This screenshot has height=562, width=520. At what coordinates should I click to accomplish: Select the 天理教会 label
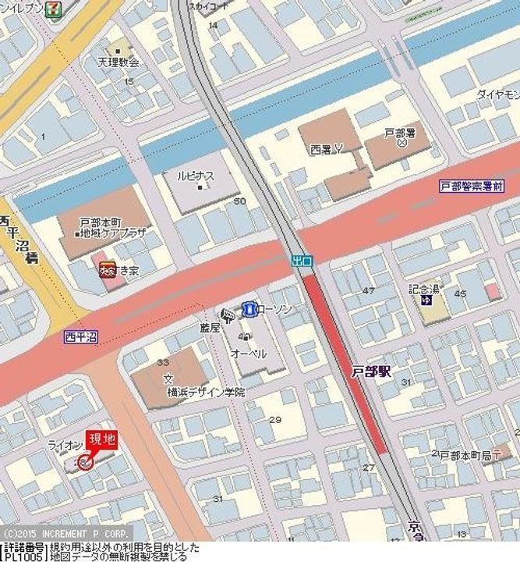point(118,62)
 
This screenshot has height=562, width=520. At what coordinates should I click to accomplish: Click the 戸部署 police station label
point(399,133)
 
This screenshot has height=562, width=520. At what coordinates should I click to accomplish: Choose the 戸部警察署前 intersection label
point(471,187)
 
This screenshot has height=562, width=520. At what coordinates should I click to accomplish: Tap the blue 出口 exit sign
point(302,261)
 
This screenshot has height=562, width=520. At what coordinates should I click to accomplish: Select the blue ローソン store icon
point(249,310)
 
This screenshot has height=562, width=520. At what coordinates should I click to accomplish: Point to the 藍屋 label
point(210,328)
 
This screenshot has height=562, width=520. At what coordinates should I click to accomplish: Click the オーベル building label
point(248,354)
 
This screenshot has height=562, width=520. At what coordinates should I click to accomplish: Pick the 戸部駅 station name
point(370,372)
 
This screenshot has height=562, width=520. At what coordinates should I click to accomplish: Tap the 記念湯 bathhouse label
point(424,288)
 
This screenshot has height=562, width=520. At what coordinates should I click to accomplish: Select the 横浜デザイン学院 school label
point(206,392)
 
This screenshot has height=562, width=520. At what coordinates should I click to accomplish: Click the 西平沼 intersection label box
point(82,336)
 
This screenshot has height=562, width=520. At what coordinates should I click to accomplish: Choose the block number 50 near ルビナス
point(239,201)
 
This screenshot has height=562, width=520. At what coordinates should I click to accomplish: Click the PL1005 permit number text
point(23,557)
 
